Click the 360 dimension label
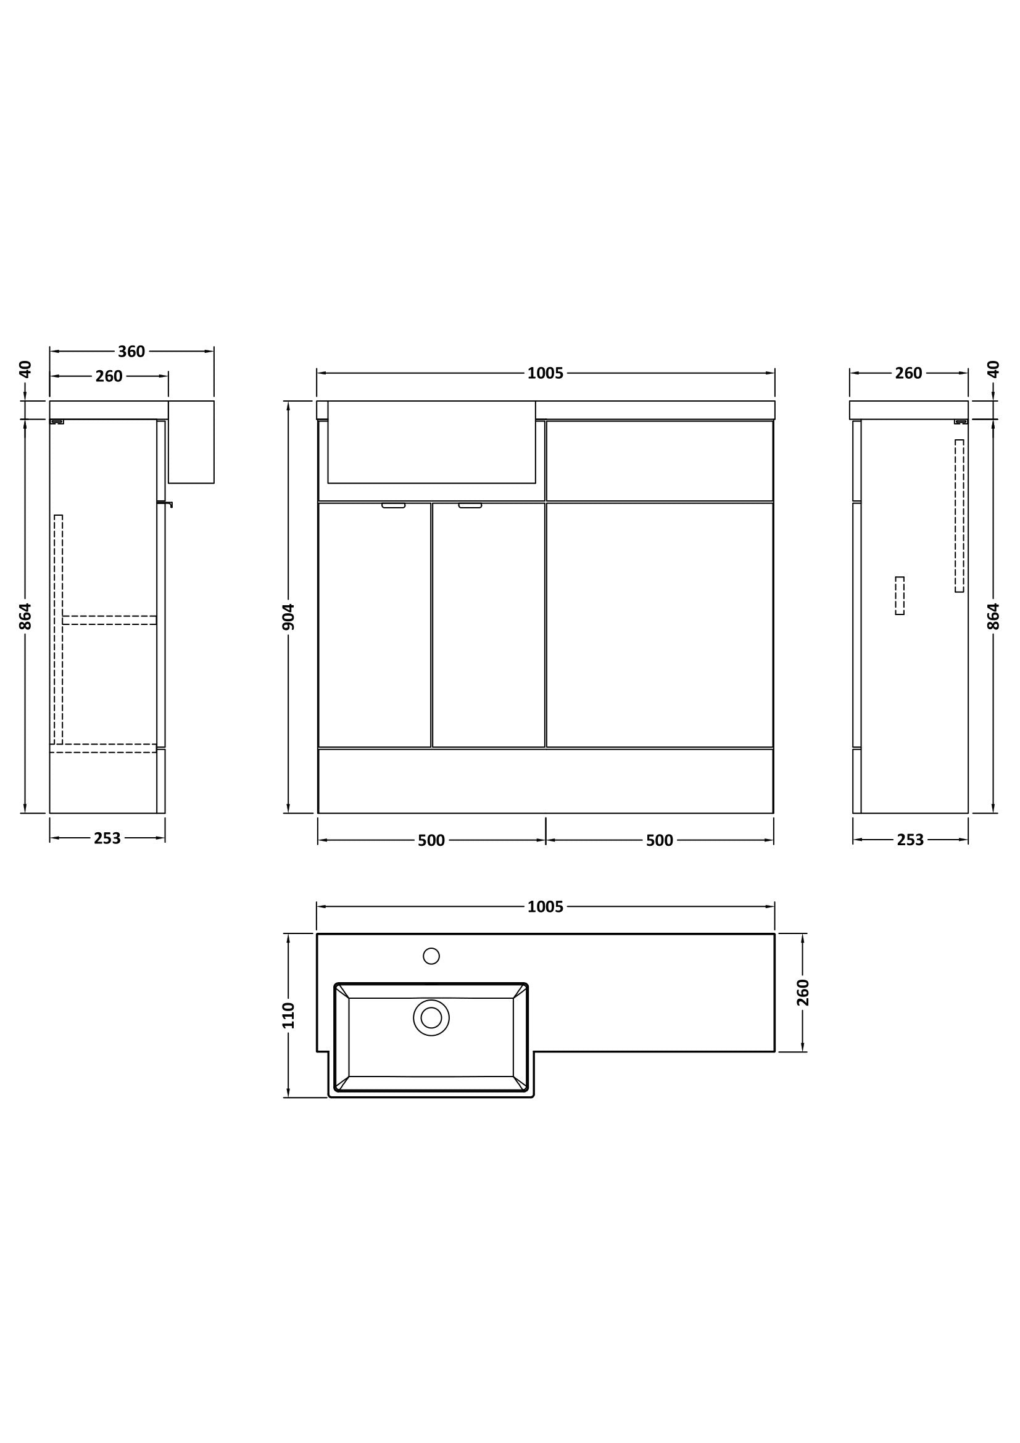click(131, 351)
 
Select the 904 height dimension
click(288, 616)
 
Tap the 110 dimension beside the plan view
click(288, 1015)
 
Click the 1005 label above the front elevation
click(545, 373)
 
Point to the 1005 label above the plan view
click(545, 907)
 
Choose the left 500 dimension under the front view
click(431, 840)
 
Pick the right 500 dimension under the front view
click(659, 840)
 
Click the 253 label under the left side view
click(107, 838)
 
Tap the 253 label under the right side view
click(910, 840)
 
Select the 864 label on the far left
click(25, 616)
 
